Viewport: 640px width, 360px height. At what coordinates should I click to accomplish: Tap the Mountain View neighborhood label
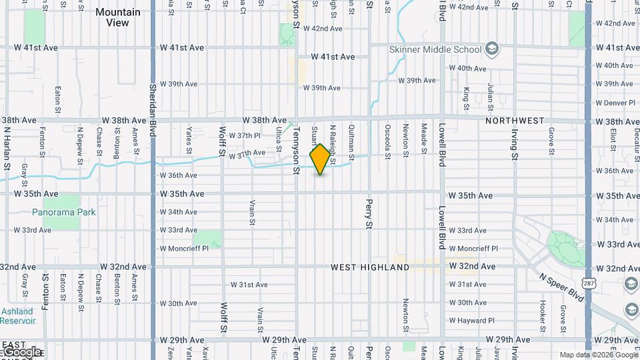117,17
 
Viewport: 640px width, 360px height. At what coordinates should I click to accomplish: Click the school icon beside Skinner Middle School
492,49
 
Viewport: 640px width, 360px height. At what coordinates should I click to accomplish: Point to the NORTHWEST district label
515,121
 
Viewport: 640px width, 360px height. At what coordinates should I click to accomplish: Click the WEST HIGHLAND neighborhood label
370,267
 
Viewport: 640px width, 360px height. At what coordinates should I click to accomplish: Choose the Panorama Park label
64,212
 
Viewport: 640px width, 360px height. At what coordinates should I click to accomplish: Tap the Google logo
22,351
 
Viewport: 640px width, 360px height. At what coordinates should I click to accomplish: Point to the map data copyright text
599,355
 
